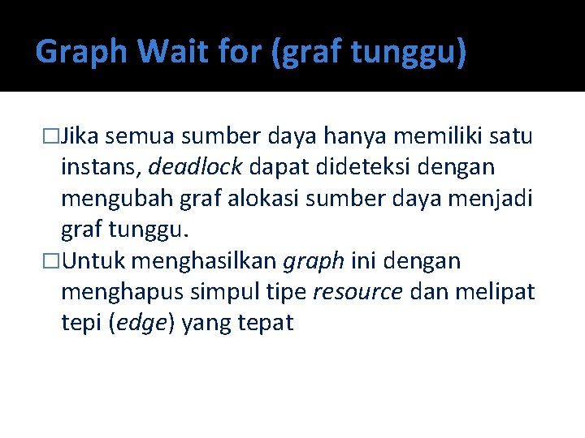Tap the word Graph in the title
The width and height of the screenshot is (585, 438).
click(82, 52)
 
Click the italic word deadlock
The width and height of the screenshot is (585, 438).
click(195, 167)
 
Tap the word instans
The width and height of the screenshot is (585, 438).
click(101, 167)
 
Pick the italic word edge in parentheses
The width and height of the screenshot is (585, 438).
click(141, 324)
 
